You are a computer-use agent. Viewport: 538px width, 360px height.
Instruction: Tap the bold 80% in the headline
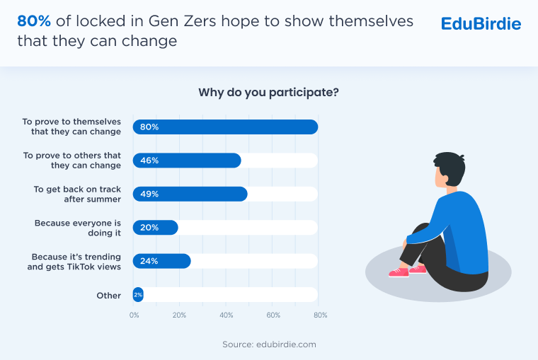point(33,22)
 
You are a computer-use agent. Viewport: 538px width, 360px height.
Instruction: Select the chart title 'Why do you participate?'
point(268,93)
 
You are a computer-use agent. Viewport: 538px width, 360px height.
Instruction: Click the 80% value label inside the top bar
point(149,127)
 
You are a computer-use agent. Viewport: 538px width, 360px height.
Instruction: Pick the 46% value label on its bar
point(149,161)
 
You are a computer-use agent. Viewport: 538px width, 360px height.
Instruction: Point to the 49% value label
point(149,194)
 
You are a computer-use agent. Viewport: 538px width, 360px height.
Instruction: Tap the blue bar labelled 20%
point(155,228)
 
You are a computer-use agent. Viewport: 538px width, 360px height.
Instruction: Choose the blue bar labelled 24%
point(161,261)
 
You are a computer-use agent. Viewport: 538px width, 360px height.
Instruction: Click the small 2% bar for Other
point(138,295)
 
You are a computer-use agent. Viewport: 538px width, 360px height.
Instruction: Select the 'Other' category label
point(109,295)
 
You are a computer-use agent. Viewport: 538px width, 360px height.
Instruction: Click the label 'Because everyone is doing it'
point(78,228)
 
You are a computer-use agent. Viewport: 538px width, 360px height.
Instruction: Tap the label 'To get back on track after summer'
point(77,194)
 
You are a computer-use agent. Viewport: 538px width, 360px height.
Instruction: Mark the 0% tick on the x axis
point(134,315)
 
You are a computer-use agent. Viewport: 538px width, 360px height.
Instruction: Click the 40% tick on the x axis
point(227,315)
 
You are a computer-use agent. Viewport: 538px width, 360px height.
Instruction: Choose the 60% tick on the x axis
point(274,315)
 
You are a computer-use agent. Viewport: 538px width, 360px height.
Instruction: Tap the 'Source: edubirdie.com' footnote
point(268,344)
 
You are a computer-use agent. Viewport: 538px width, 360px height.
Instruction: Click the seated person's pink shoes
point(408,271)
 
